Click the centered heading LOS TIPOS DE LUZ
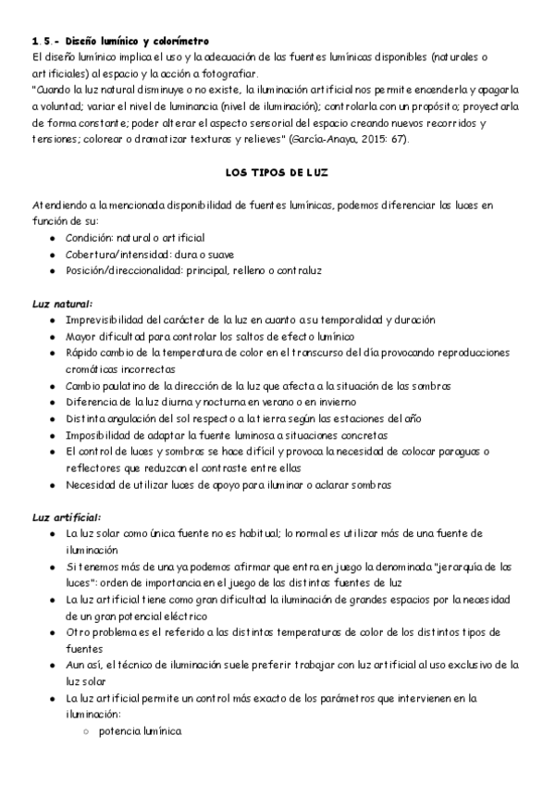[x=277, y=172]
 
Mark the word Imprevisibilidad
[x=106, y=319]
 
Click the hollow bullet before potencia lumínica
[x=85, y=731]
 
